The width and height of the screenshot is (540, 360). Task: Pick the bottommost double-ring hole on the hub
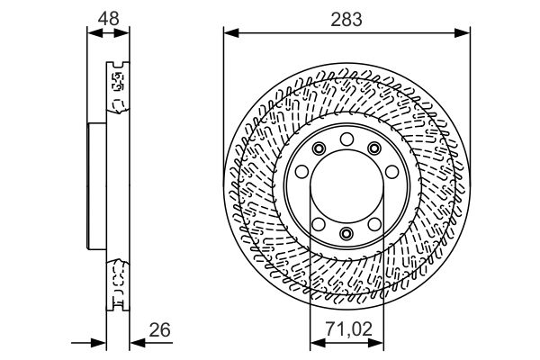point(346,235)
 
